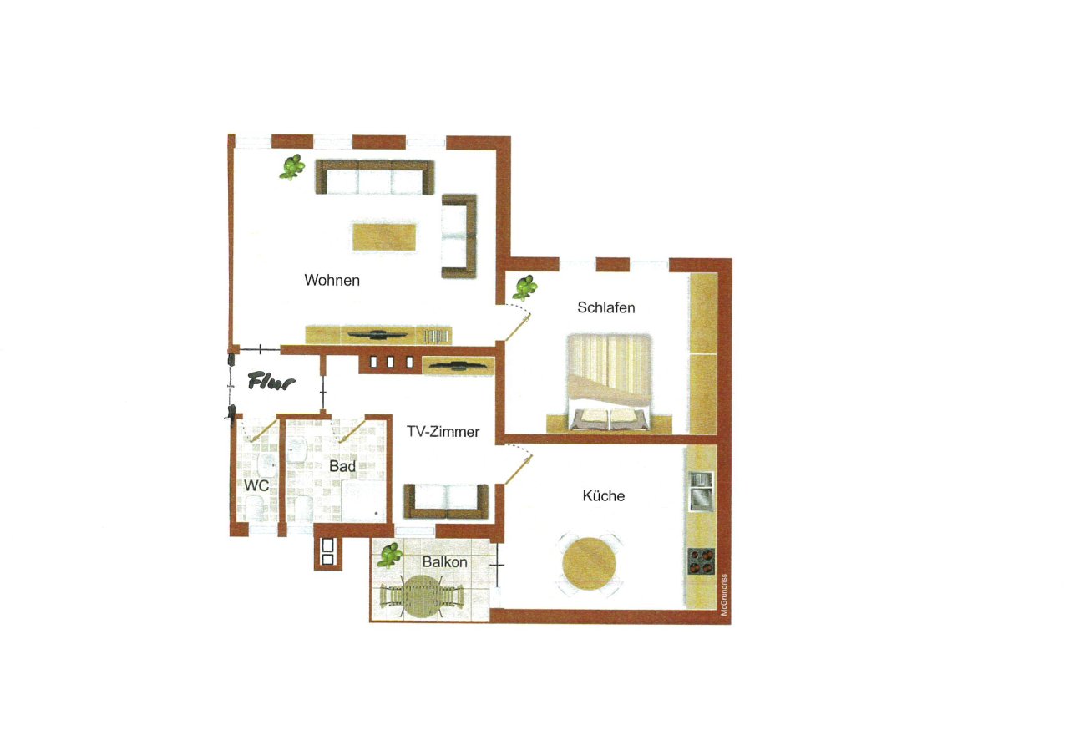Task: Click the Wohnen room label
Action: point(332,281)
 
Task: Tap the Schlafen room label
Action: point(606,308)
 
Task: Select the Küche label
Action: point(604,496)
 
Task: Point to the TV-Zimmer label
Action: point(443,433)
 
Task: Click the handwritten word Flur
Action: point(273,383)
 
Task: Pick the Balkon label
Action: point(444,563)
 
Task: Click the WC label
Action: point(256,485)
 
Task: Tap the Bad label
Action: point(342,467)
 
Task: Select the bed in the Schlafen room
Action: point(608,383)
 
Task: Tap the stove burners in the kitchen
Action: point(701,560)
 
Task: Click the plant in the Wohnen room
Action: point(291,167)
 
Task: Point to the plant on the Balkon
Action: point(390,555)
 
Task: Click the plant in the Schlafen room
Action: point(524,288)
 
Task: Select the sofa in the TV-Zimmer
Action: point(446,500)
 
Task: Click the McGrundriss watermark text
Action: point(725,593)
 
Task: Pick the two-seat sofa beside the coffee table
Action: point(459,236)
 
